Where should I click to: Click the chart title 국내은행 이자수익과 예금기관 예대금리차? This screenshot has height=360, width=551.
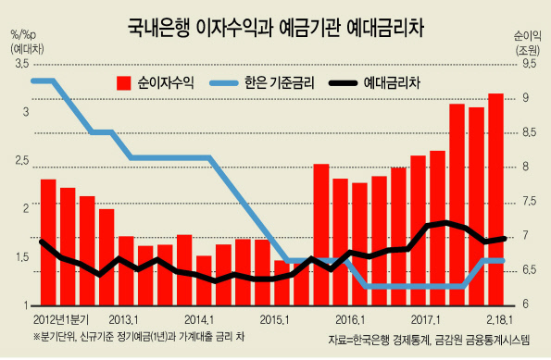tap(276, 28)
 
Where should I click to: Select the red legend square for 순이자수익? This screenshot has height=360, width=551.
tap(124, 83)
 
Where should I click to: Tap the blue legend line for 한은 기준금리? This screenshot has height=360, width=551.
tap(224, 83)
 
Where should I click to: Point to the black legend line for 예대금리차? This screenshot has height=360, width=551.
tap(343, 83)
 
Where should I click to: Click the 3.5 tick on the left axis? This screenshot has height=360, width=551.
tap(21, 64)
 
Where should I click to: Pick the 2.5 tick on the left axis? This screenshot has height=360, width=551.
tap(21, 161)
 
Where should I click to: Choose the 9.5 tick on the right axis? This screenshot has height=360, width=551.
tap(530, 64)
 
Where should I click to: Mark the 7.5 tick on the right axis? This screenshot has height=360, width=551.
tap(530, 201)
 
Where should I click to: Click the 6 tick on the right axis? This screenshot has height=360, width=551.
tap(526, 304)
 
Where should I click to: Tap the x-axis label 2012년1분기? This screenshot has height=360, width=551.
tap(61, 320)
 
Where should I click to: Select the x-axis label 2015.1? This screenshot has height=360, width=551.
tap(274, 320)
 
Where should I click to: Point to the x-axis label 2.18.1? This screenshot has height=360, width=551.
tap(499, 320)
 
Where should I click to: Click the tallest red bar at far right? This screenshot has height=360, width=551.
tap(495, 199)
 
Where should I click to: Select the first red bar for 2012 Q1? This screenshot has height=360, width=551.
tap(48, 242)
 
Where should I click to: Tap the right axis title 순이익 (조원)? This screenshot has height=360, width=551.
tap(527, 43)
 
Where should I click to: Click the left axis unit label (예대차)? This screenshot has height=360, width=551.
tap(28, 49)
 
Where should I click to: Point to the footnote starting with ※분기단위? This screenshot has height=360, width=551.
tap(139, 337)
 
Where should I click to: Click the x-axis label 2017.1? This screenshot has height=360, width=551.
tap(426, 320)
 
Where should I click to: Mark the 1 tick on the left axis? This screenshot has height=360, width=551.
tap(26, 305)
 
